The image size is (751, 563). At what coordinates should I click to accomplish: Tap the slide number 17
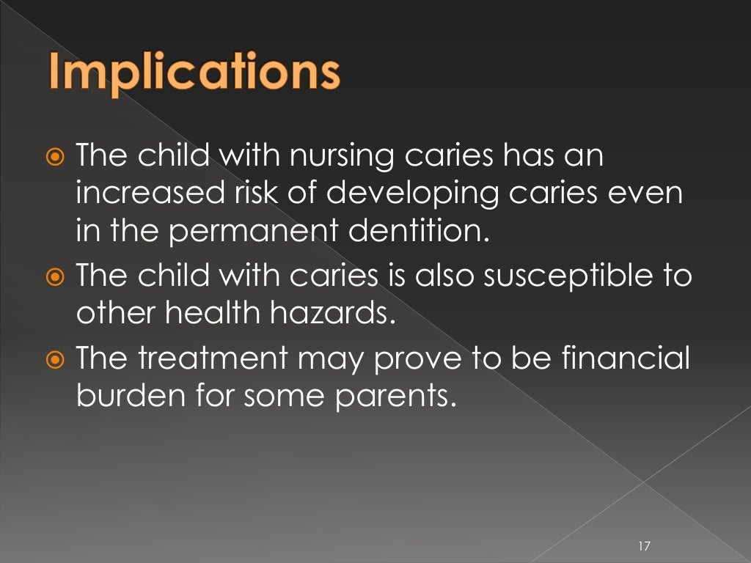(x=645, y=545)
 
